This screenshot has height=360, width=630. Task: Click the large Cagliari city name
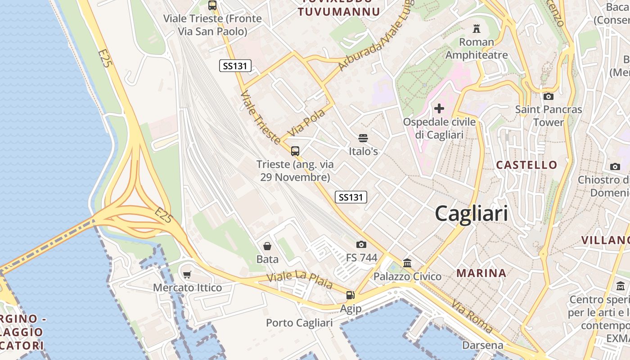(x=471, y=213)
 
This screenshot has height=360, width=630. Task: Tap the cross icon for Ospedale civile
(x=439, y=108)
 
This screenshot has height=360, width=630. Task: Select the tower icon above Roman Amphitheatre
(x=476, y=29)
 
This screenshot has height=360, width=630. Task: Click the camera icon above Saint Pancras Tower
(x=548, y=96)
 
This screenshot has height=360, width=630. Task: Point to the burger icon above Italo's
(x=363, y=138)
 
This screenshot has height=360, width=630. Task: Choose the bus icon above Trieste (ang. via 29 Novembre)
(x=295, y=151)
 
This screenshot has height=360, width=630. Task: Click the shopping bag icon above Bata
(x=267, y=246)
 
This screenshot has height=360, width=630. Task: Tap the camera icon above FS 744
(x=361, y=244)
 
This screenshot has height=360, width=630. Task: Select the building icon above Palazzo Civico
(x=407, y=263)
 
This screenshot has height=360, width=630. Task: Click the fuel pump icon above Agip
(x=350, y=295)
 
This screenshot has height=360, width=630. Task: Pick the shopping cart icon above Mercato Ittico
(x=187, y=274)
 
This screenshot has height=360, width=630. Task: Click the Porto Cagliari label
(x=299, y=323)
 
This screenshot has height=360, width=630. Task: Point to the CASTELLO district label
(x=526, y=165)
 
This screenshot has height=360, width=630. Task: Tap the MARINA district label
(x=481, y=273)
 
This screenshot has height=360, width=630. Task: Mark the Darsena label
(x=483, y=345)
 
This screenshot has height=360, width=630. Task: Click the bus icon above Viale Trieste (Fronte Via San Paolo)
(x=212, y=5)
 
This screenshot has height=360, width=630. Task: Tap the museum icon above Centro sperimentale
(x=621, y=286)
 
